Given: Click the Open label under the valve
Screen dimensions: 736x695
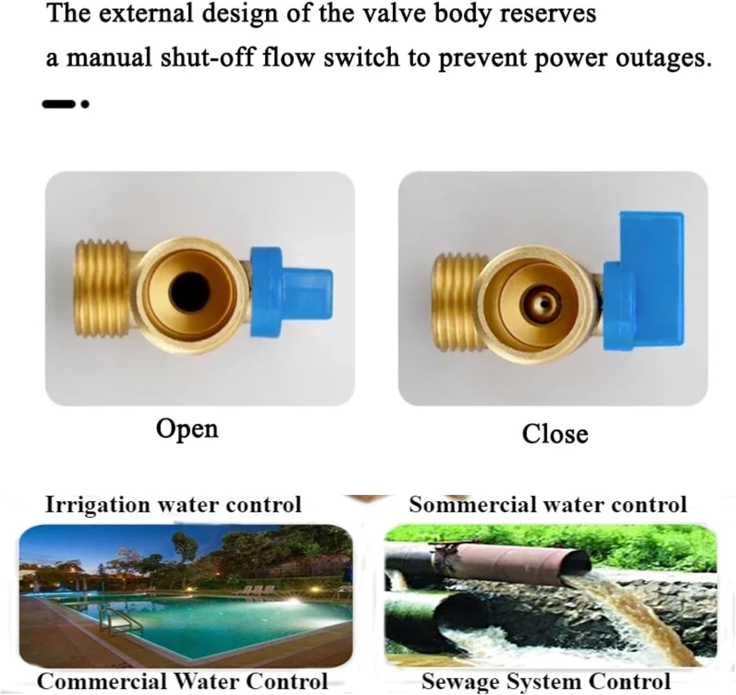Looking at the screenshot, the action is pyautogui.click(x=187, y=429).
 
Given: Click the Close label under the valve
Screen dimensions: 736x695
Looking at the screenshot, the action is pyautogui.click(x=554, y=434).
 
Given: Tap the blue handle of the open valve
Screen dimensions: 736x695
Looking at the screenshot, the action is pyautogui.click(x=291, y=293).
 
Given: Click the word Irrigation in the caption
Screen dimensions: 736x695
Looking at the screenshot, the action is pyautogui.click(x=98, y=505).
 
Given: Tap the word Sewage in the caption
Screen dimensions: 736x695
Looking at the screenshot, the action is pyautogui.click(x=460, y=681).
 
